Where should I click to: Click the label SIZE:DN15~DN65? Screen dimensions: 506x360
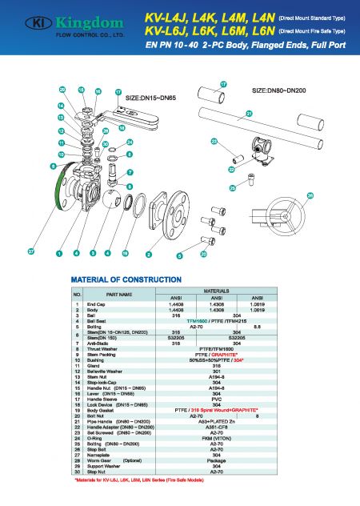[157, 98]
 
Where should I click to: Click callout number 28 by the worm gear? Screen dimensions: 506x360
[310, 195]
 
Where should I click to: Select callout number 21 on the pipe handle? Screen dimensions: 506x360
[249, 114]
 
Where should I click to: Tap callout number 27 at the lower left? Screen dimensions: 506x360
[30, 251]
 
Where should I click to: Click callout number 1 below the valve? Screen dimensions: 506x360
[59, 253]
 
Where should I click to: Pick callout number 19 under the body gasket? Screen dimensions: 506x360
[125, 253]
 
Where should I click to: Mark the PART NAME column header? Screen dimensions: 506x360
[118, 295]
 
